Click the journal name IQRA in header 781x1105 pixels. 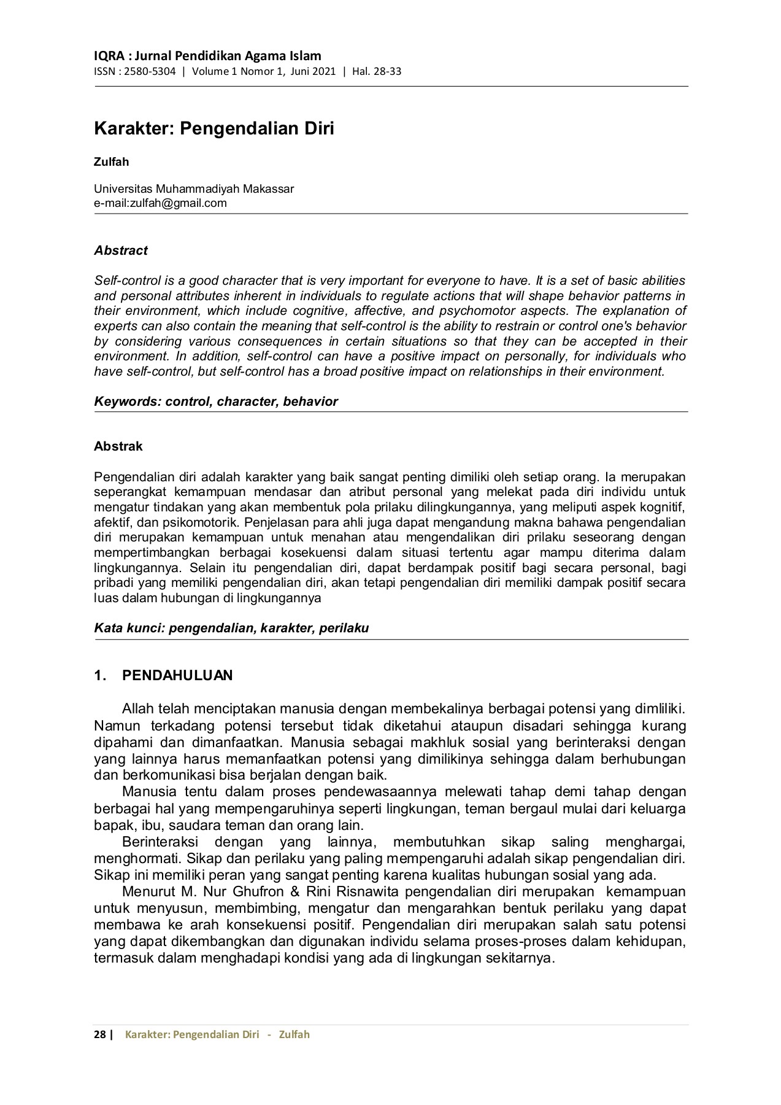click(109, 56)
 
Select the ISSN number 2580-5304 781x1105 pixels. click(150, 71)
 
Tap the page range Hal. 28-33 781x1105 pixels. click(377, 71)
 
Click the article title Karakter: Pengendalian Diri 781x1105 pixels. click(214, 129)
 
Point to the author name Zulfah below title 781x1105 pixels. click(111, 162)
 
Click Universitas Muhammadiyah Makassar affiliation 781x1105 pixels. click(193, 188)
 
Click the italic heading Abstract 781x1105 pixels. click(120, 250)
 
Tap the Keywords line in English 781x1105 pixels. click(215, 401)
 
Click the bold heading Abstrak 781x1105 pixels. click(118, 446)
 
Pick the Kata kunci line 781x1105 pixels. click(231, 628)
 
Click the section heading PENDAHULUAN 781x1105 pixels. click(177, 676)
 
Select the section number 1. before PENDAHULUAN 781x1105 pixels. click(101, 676)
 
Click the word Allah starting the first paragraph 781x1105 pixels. click(138, 709)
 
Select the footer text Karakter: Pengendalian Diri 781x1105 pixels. click(192, 1034)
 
